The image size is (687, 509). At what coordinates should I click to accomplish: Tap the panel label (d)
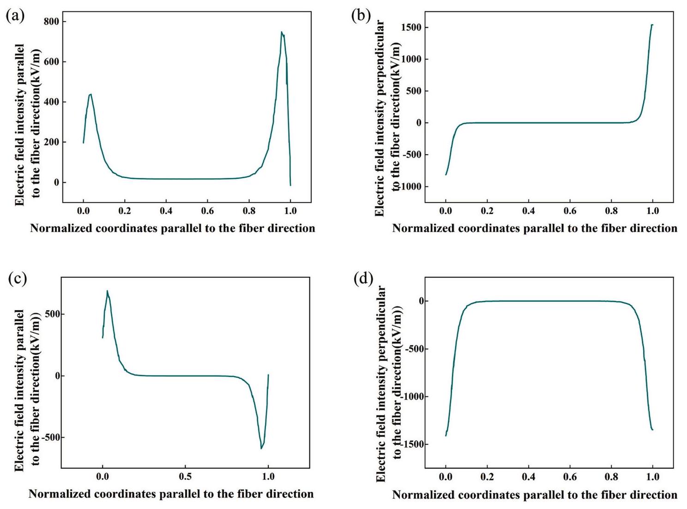click(363, 279)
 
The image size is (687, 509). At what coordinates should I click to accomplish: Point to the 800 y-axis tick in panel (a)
click(51, 22)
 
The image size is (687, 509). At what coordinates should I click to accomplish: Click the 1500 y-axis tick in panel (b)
click(411, 28)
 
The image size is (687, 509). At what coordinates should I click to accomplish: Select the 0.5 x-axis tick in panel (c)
click(185, 476)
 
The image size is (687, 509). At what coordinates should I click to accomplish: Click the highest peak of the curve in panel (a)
click(282, 32)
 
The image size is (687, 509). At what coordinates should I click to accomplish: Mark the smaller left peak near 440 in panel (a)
click(90, 94)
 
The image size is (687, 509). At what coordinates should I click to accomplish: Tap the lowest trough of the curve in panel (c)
click(261, 448)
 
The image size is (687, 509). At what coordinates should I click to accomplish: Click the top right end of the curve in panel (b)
click(652, 25)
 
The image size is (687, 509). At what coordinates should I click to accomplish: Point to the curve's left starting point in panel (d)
click(446, 435)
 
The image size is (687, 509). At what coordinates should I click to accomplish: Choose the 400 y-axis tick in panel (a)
click(51, 102)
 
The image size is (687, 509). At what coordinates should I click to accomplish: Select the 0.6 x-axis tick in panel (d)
click(570, 476)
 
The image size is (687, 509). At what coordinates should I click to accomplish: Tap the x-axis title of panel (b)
click(535, 228)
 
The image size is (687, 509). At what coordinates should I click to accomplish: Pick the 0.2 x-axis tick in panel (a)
click(125, 211)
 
